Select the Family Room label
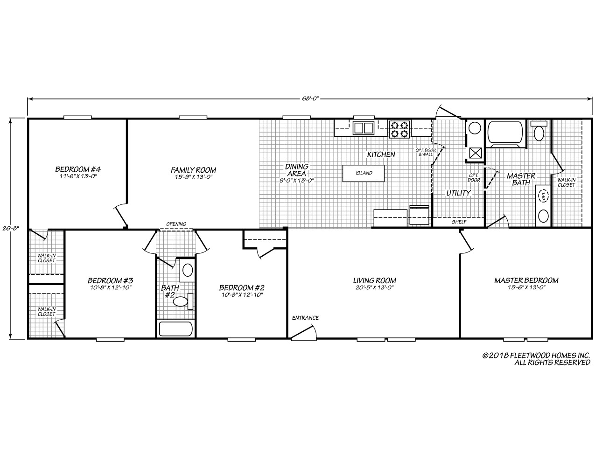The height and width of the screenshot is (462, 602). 193,170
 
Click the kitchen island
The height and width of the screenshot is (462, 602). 364,173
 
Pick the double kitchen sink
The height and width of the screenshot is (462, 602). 363,128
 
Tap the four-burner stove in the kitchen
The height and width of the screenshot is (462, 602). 399,129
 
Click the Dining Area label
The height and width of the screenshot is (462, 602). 297,170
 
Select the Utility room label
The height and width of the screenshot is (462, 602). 458,193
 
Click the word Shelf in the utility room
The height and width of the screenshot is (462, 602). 459,222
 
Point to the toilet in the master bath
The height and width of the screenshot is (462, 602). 539,131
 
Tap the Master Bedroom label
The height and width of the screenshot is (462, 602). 526,280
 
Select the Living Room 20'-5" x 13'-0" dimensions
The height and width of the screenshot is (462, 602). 374,288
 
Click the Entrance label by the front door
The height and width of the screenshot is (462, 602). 305,318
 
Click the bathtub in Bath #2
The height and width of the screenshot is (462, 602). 175,329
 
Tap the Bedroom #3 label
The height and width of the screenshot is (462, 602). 111,280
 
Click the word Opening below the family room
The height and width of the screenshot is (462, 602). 176,224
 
